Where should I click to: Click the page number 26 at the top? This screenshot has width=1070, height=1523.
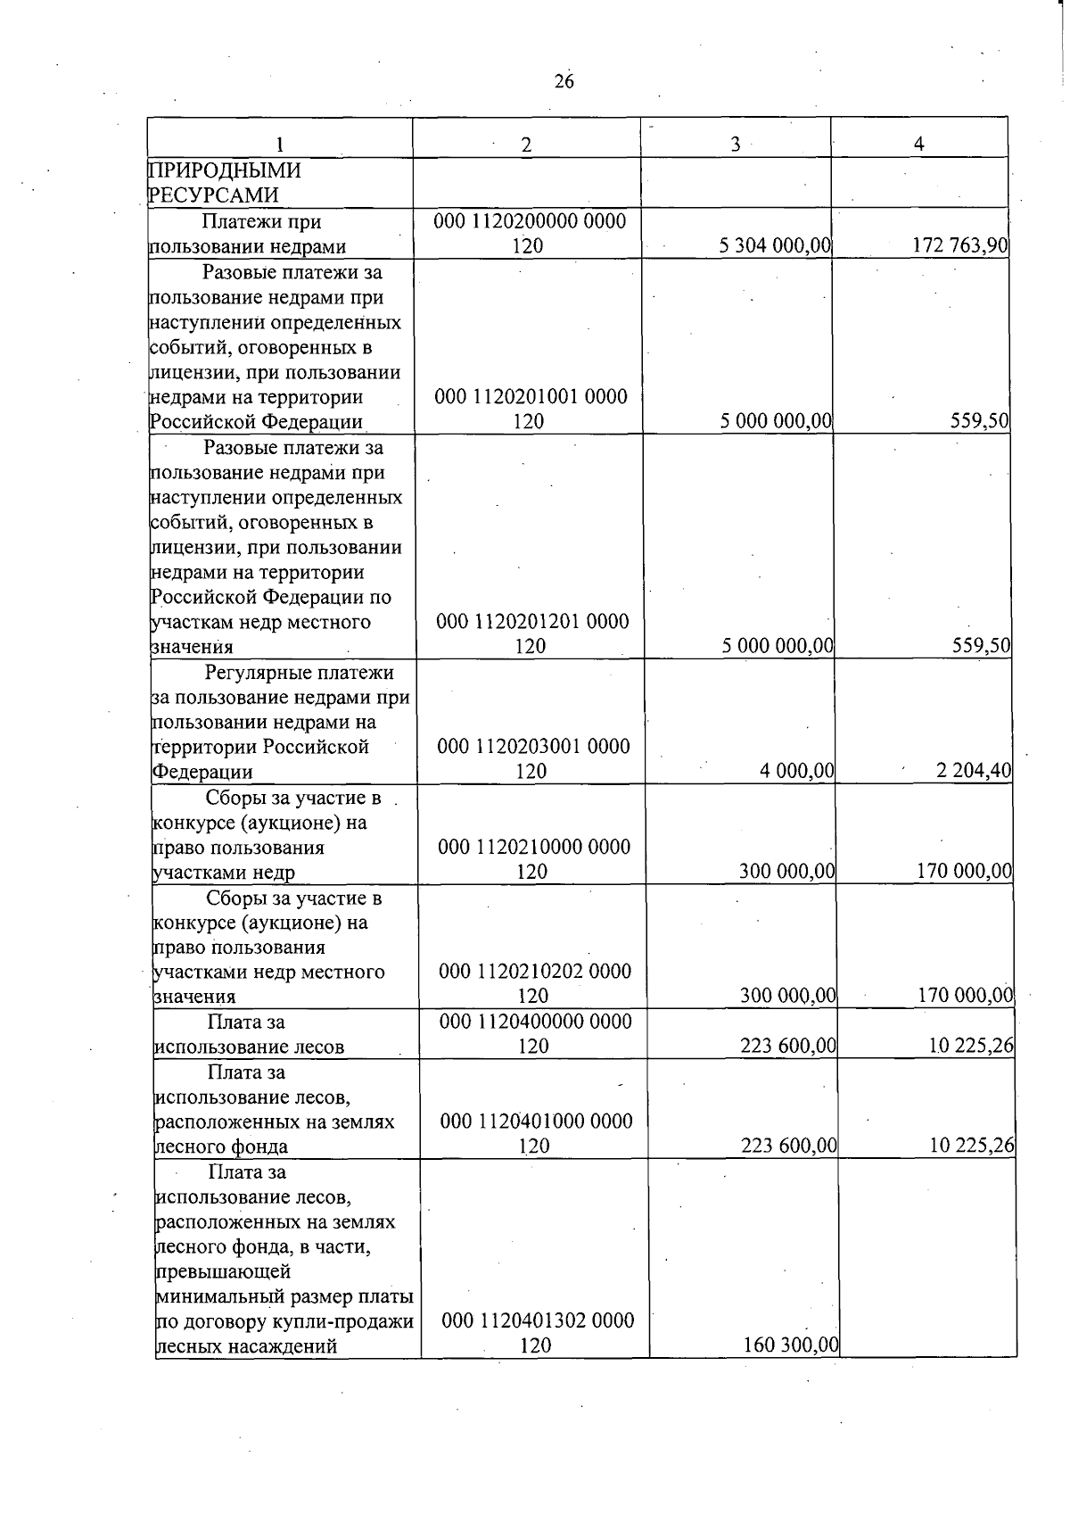point(564,82)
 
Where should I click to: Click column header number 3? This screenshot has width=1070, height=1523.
point(736,145)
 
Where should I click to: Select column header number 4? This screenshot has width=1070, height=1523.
point(919,144)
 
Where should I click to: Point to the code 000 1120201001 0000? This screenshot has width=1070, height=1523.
point(531,396)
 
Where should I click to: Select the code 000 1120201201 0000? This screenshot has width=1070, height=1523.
point(532,621)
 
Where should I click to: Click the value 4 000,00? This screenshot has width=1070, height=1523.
point(796,770)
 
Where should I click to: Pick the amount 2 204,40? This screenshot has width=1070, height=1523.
point(973,770)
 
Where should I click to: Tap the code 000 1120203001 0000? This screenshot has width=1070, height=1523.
point(533,746)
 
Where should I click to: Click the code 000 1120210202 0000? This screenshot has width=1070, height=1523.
point(535,971)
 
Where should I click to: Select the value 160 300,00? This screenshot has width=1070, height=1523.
point(790,1345)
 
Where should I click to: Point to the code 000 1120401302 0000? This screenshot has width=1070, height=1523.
point(538,1320)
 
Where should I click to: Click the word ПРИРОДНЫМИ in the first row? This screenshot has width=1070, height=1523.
point(225,170)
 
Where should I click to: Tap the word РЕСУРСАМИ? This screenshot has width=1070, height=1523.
point(214,195)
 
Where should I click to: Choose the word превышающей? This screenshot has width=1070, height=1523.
point(223,1271)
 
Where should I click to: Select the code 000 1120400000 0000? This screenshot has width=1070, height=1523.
point(535,1021)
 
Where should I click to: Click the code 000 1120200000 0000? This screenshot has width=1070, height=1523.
point(530,220)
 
